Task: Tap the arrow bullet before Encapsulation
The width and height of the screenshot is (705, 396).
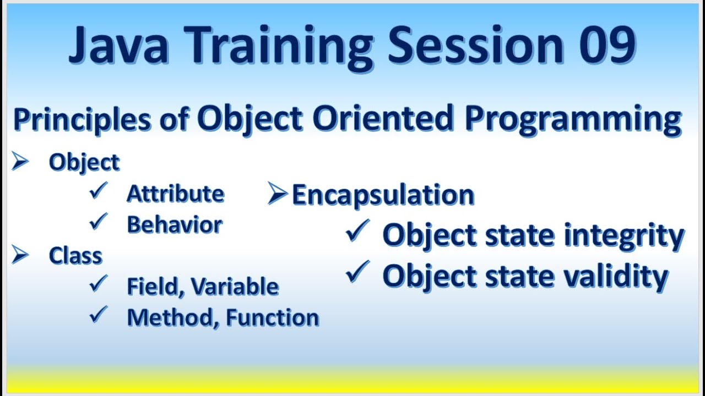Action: coord(279,194)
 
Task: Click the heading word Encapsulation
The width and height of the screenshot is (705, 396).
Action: coord(383,195)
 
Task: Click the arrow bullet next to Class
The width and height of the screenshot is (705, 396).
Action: coord(20,255)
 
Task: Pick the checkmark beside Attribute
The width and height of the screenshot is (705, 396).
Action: coord(99,191)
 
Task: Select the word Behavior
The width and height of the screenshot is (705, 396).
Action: coord(175,224)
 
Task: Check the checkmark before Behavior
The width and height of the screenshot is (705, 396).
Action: coord(99,222)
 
